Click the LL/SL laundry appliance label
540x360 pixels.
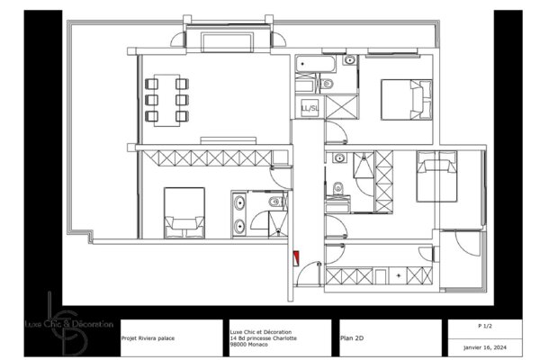(x=309, y=108)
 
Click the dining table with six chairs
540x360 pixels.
(x=166, y=97)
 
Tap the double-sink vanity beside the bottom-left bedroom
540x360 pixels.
(x=240, y=214)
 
